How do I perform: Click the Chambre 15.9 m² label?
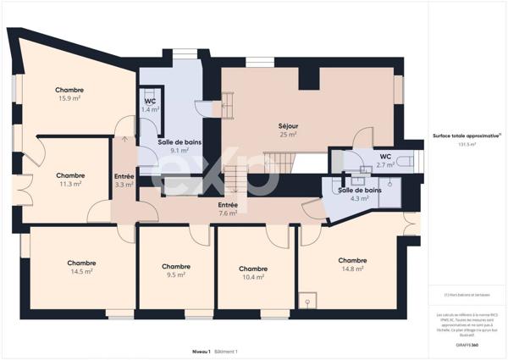point(69,94)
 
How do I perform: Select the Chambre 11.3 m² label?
point(69,180)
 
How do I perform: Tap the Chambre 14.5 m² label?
point(82,267)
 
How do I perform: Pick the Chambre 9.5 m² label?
point(176,270)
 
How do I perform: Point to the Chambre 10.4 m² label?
point(253,272)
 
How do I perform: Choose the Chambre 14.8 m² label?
point(352,264)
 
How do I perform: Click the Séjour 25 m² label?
point(288,130)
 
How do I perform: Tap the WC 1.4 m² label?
point(150,106)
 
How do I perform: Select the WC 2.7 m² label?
point(384,161)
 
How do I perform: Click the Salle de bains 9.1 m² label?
point(178,146)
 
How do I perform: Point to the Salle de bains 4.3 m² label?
point(359,194)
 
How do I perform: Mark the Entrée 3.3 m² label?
point(124,180)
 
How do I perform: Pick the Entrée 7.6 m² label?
point(228,209)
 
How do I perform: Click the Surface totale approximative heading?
point(467,135)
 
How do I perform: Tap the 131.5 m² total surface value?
point(467,145)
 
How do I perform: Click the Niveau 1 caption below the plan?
point(201,351)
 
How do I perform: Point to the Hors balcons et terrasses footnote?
point(467,296)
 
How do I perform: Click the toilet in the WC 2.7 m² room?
point(406,160)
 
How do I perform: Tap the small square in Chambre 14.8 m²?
point(311,299)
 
